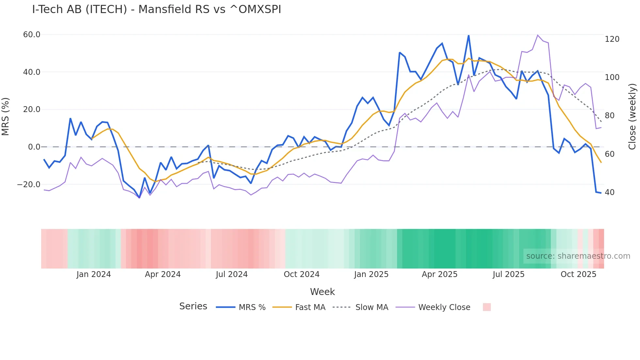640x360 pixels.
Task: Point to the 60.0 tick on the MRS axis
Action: coord(32,35)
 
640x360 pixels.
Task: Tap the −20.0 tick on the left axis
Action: coord(29,185)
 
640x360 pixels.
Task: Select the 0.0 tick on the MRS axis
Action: coord(34,147)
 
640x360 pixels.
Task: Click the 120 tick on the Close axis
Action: coord(612,39)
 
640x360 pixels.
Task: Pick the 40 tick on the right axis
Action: coord(610,192)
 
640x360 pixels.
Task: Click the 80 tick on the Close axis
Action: coord(610,116)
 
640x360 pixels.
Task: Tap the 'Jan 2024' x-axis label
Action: coord(94,274)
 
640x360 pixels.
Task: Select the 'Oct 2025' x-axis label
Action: coord(578,274)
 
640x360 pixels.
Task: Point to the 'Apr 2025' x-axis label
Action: coord(440,274)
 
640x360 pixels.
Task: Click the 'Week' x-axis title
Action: coord(322,292)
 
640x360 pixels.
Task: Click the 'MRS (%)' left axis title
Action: coord(6,116)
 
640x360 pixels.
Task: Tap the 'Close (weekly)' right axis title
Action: coord(632,116)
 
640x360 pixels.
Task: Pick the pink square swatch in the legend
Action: coord(487,307)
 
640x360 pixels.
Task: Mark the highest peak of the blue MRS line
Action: coord(469,36)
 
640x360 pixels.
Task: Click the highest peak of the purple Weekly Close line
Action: coord(537,35)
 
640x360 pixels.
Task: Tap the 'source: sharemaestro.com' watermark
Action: coord(578,256)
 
